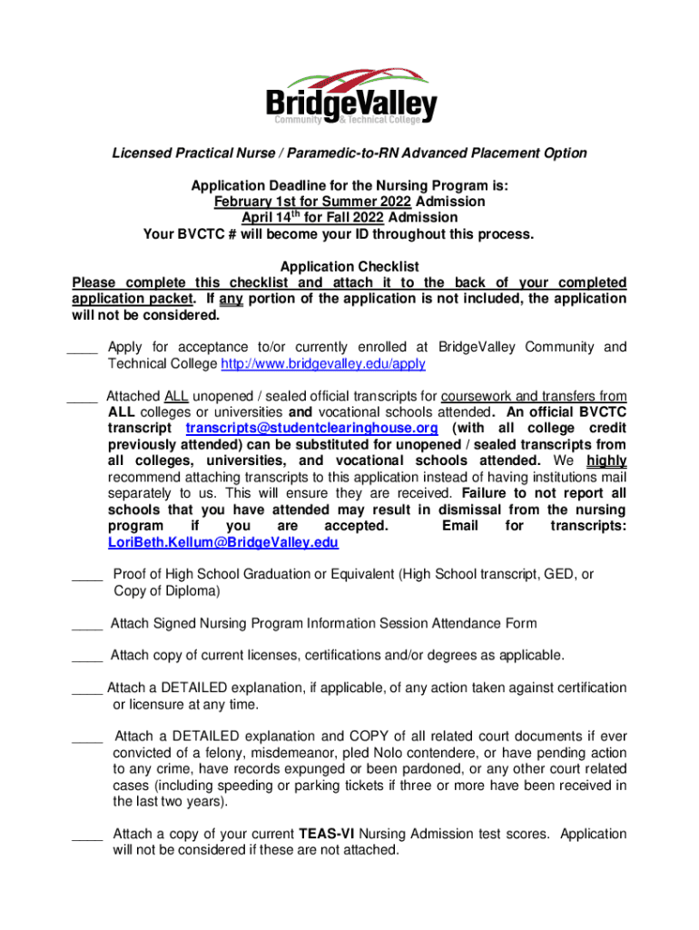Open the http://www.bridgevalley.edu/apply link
(323, 364)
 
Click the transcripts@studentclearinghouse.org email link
(311, 428)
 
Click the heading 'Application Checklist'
(349, 267)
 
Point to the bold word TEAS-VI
(328, 834)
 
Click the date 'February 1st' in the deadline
(251, 202)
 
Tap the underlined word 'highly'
(606, 461)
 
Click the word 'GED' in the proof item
(543, 574)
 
